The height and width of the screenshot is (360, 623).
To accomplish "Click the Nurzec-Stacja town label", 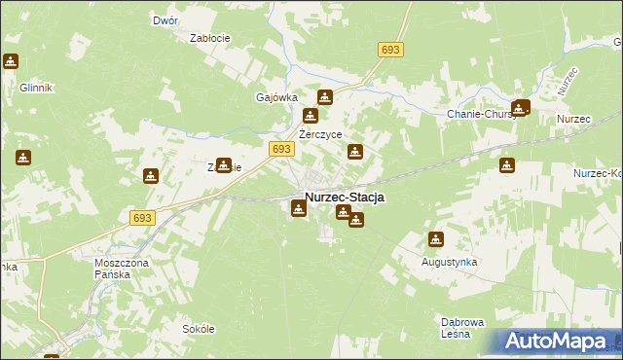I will (x=345, y=197).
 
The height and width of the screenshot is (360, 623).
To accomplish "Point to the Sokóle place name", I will (x=198, y=329).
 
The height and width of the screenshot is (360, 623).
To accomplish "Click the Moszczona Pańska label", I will (x=126, y=268).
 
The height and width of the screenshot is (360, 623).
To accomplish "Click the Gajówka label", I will (x=275, y=98).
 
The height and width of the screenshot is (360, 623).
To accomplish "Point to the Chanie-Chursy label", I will (x=482, y=115).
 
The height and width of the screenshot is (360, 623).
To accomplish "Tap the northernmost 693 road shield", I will (x=390, y=50).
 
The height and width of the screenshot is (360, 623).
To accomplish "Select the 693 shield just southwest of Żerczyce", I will (x=280, y=148).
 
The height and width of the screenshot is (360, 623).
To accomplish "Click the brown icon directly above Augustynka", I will (x=435, y=239).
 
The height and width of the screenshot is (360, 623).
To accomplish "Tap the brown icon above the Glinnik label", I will (x=11, y=62).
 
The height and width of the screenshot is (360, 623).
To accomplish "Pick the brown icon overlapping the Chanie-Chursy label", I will (x=520, y=109).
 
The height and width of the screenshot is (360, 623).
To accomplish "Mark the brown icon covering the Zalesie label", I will (x=224, y=165).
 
